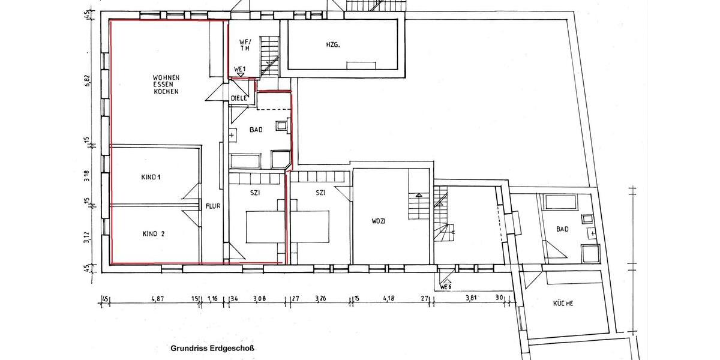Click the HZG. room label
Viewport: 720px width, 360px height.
(x=334, y=44)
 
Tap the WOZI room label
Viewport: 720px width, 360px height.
(x=378, y=221)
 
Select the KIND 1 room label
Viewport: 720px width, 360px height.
(x=152, y=177)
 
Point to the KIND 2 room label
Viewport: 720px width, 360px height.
(x=153, y=234)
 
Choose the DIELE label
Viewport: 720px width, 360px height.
(x=239, y=98)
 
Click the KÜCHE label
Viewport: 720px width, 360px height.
(x=563, y=304)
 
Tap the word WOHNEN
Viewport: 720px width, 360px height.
(x=166, y=77)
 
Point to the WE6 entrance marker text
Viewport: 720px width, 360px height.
(x=446, y=286)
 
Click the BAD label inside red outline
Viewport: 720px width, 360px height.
(x=256, y=129)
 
